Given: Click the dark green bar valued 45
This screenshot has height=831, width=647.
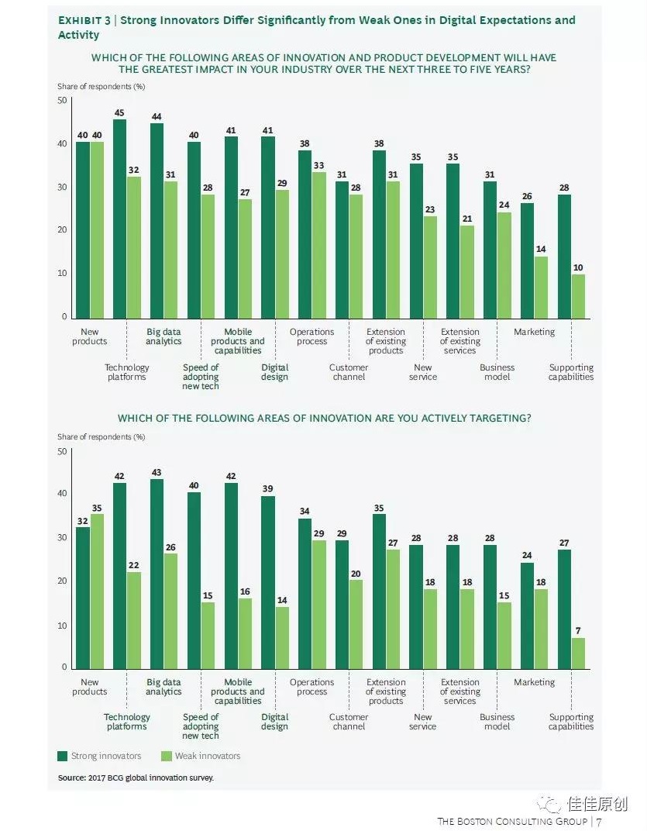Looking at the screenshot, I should (x=120, y=219).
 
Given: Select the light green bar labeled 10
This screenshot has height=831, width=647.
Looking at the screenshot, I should (x=578, y=296).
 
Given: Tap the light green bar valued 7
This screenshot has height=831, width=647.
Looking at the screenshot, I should (x=578, y=653).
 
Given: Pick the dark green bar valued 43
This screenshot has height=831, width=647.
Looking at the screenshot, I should (x=157, y=574).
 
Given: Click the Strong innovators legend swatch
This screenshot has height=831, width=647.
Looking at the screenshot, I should (x=63, y=756).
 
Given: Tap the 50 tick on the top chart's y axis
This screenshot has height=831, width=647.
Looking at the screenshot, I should (x=62, y=101).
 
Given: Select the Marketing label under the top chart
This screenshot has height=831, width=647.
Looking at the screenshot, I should (x=535, y=332).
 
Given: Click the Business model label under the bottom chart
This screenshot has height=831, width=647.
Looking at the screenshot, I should (x=497, y=722).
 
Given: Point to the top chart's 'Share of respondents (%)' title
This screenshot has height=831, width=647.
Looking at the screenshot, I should (x=102, y=86).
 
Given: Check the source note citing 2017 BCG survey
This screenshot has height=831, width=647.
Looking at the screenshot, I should (x=136, y=777).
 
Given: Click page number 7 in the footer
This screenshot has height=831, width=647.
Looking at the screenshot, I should (x=599, y=821).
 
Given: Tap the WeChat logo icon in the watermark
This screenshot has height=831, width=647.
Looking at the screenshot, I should (x=552, y=804).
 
